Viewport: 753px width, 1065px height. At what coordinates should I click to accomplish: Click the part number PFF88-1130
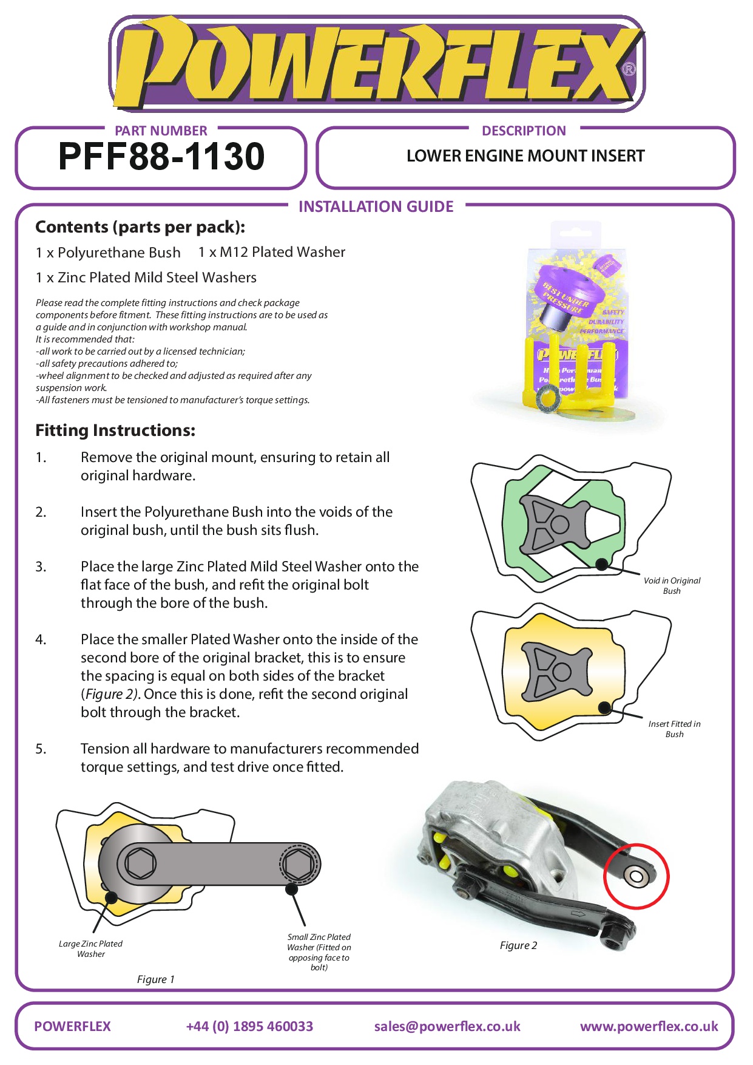(161, 157)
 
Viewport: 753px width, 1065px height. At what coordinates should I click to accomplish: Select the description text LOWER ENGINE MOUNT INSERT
(525, 156)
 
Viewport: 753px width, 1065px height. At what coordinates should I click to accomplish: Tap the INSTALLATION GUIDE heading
(376, 207)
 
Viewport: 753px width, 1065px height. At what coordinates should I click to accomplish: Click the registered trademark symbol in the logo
(629, 69)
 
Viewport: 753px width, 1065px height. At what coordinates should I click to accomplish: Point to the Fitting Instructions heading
(115, 430)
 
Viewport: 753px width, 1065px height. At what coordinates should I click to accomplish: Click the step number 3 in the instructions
(41, 567)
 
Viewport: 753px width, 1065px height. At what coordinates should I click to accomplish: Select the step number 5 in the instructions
(41, 749)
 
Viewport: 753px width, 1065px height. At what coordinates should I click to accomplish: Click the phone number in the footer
(249, 1026)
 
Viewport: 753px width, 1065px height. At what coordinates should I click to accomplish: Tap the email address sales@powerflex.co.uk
(447, 1026)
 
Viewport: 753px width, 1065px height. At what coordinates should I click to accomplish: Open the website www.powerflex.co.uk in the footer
(649, 1026)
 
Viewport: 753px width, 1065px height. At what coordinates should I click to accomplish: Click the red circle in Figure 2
(637, 876)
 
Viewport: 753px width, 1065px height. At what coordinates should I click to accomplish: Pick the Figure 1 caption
(156, 979)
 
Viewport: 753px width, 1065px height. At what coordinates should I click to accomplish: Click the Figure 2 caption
(518, 945)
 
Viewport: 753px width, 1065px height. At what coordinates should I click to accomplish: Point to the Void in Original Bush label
(672, 585)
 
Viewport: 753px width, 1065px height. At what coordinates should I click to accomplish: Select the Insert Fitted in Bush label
(674, 729)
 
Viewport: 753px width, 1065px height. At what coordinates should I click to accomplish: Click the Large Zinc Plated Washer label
(90, 948)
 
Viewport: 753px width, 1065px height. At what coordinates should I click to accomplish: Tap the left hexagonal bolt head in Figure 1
(141, 863)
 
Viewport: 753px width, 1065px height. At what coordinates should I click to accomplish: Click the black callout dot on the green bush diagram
(601, 564)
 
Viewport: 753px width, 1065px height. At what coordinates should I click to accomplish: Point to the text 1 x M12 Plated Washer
(272, 252)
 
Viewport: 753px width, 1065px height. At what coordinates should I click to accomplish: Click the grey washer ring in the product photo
(550, 401)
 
